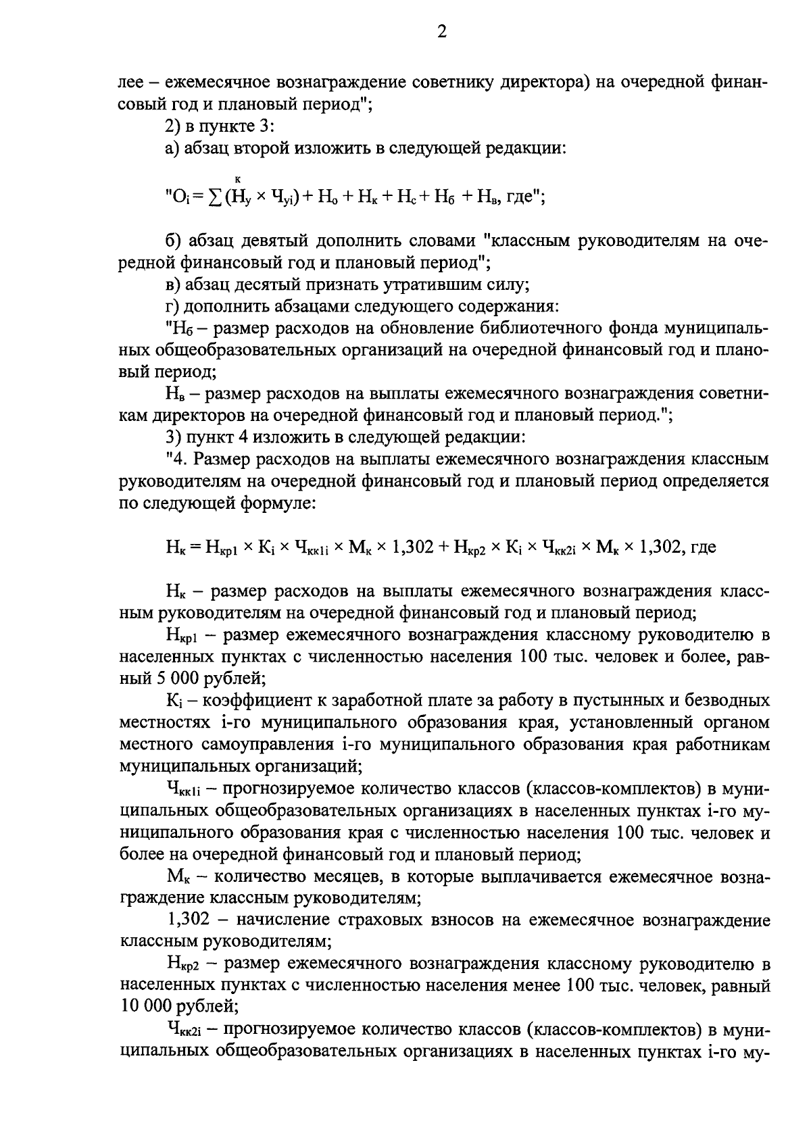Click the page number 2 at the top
click(441, 32)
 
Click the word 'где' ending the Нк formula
click(703, 547)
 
